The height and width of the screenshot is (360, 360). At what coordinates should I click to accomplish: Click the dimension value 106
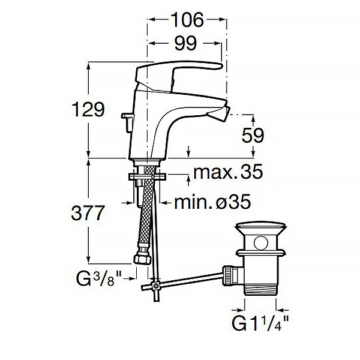pos(188,20)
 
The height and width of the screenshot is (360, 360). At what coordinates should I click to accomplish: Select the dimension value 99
pos(185,43)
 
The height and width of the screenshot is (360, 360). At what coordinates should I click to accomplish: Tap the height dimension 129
pos(88,109)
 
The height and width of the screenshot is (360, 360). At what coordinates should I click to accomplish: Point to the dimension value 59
pos(253,136)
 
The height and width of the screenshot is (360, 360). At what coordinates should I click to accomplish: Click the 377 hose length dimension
pos(88,213)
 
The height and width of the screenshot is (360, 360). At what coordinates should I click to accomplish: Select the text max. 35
pos(228,172)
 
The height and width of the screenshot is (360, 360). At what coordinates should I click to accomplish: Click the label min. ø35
pos(212,202)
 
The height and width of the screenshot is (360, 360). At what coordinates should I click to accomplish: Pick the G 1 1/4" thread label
pos(260,323)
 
